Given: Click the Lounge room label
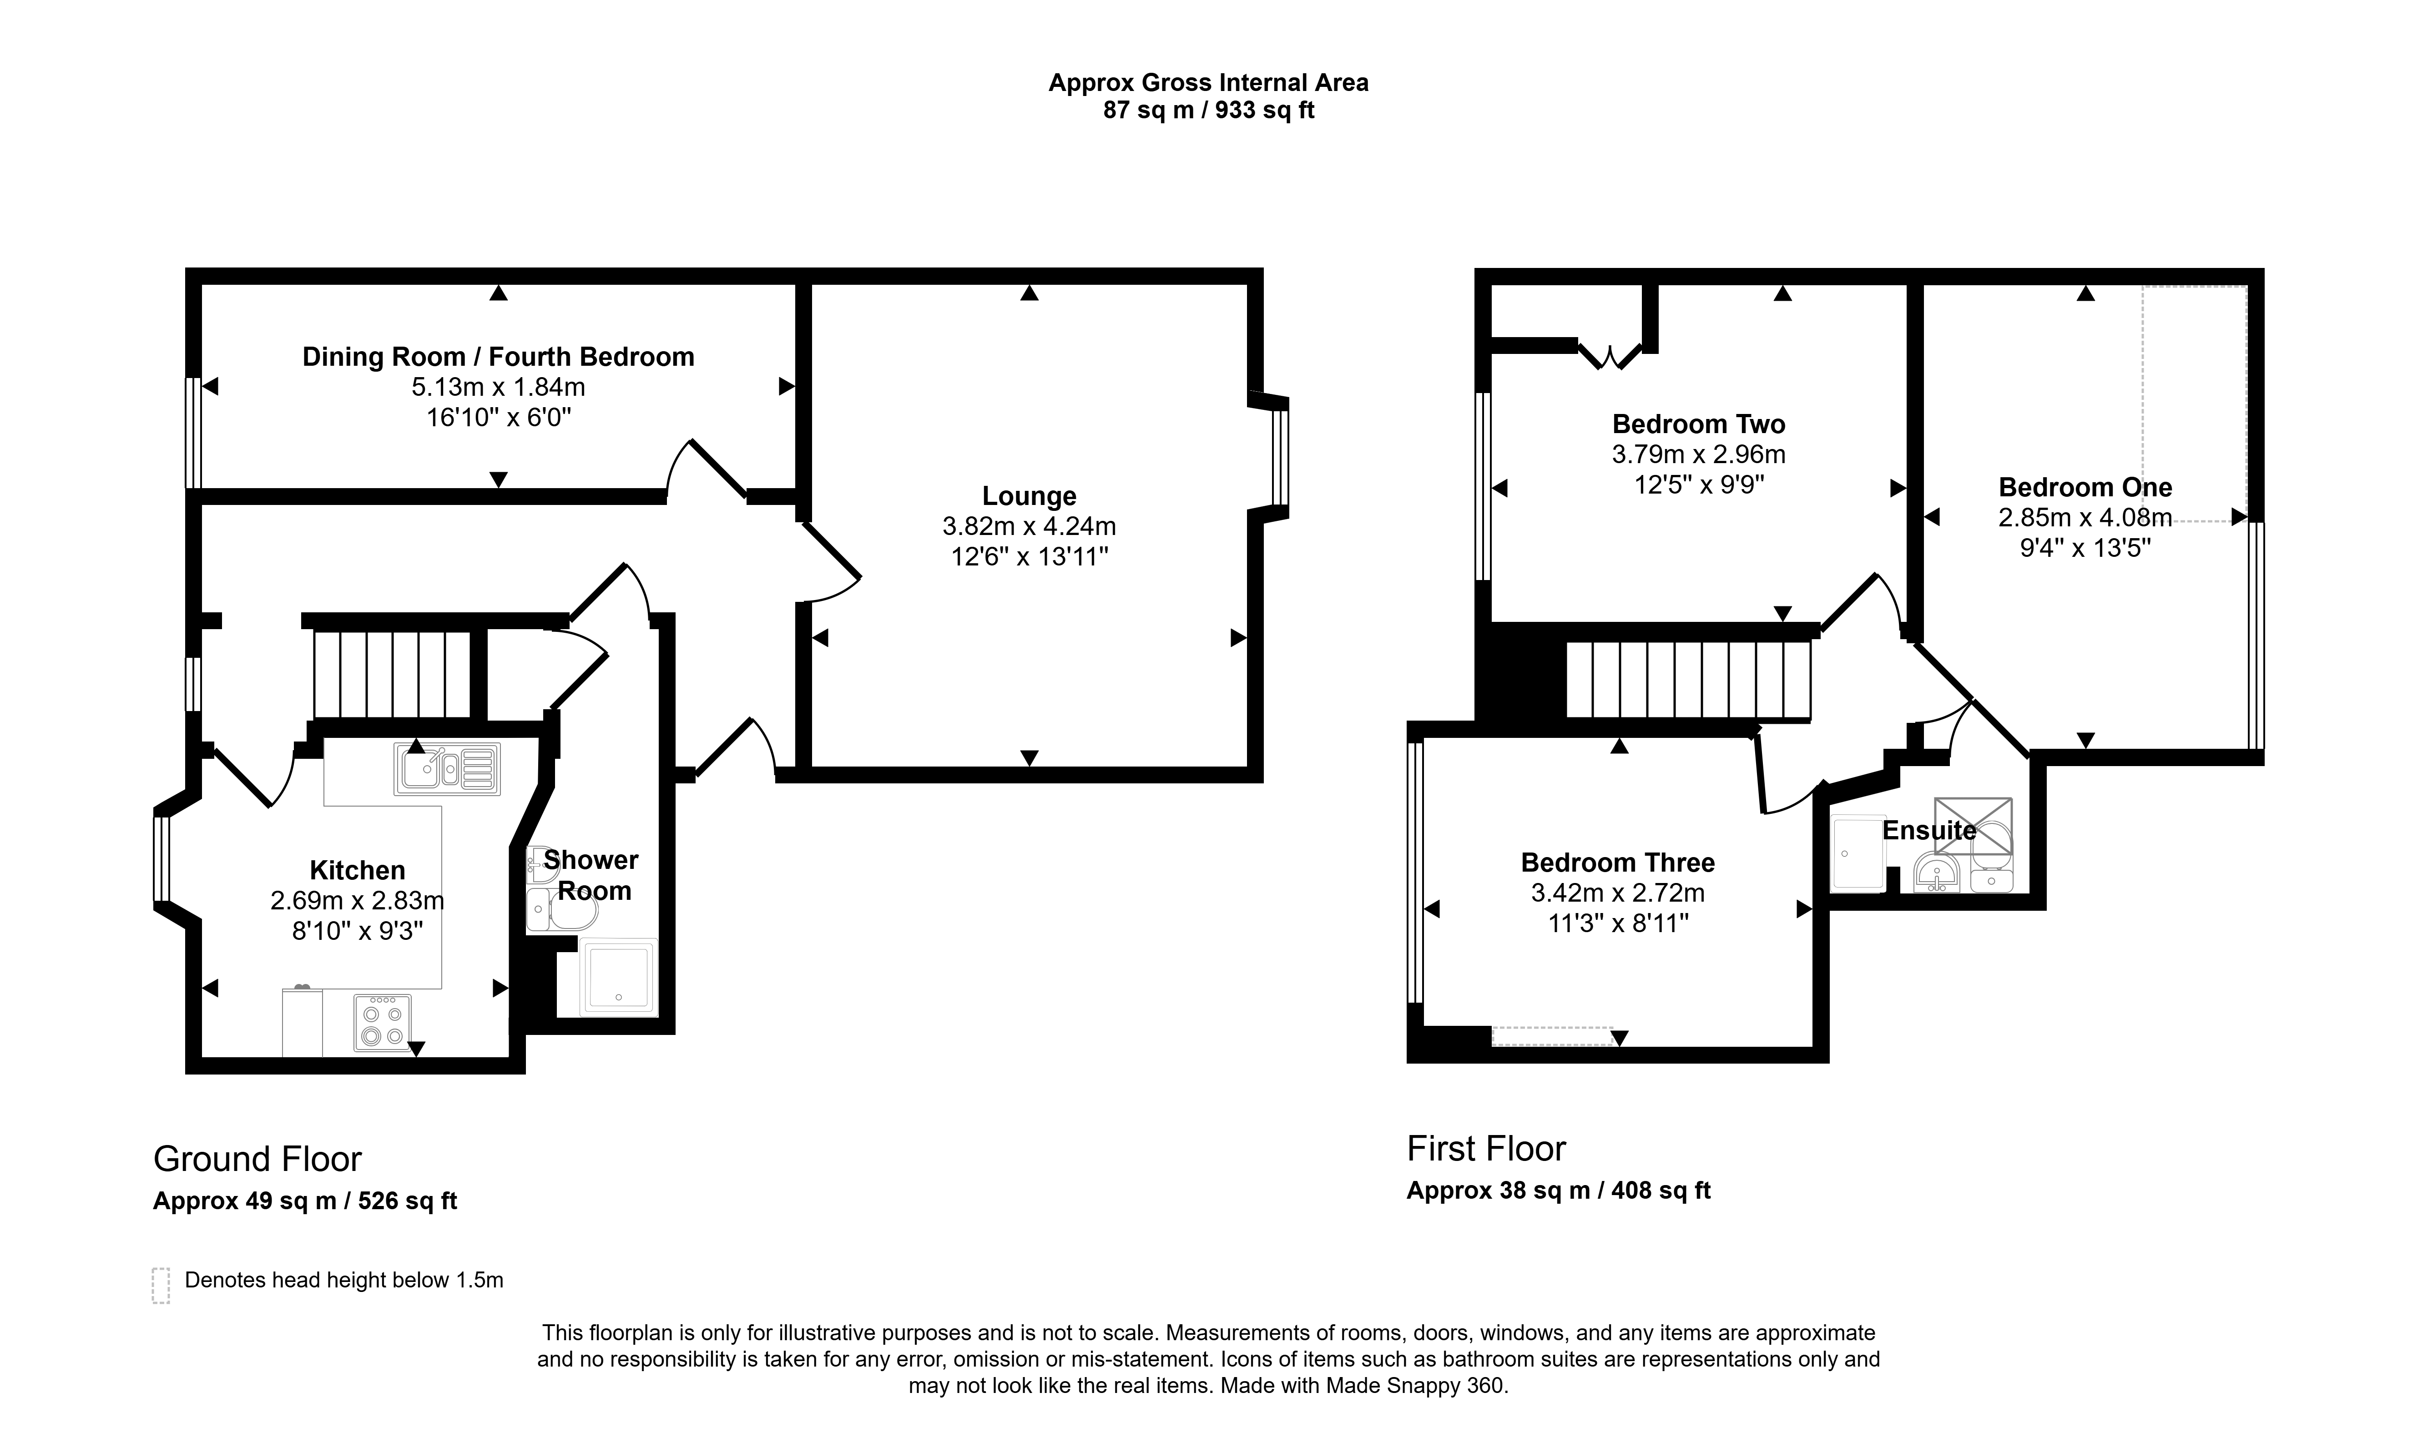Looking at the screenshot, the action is (x=1030, y=496).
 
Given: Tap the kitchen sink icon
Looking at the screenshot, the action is (x=447, y=769).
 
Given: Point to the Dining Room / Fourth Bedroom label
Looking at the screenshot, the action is (x=498, y=357).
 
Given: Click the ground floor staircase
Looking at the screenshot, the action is (x=392, y=673).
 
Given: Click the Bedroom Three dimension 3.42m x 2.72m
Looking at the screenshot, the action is (x=1618, y=893).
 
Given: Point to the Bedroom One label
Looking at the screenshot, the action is (x=2085, y=488).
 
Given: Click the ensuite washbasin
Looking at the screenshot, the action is (x=1936, y=873).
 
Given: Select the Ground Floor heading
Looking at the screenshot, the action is (x=258, y=1159).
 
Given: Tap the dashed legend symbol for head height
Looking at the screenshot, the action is (x=160, y=1285).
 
